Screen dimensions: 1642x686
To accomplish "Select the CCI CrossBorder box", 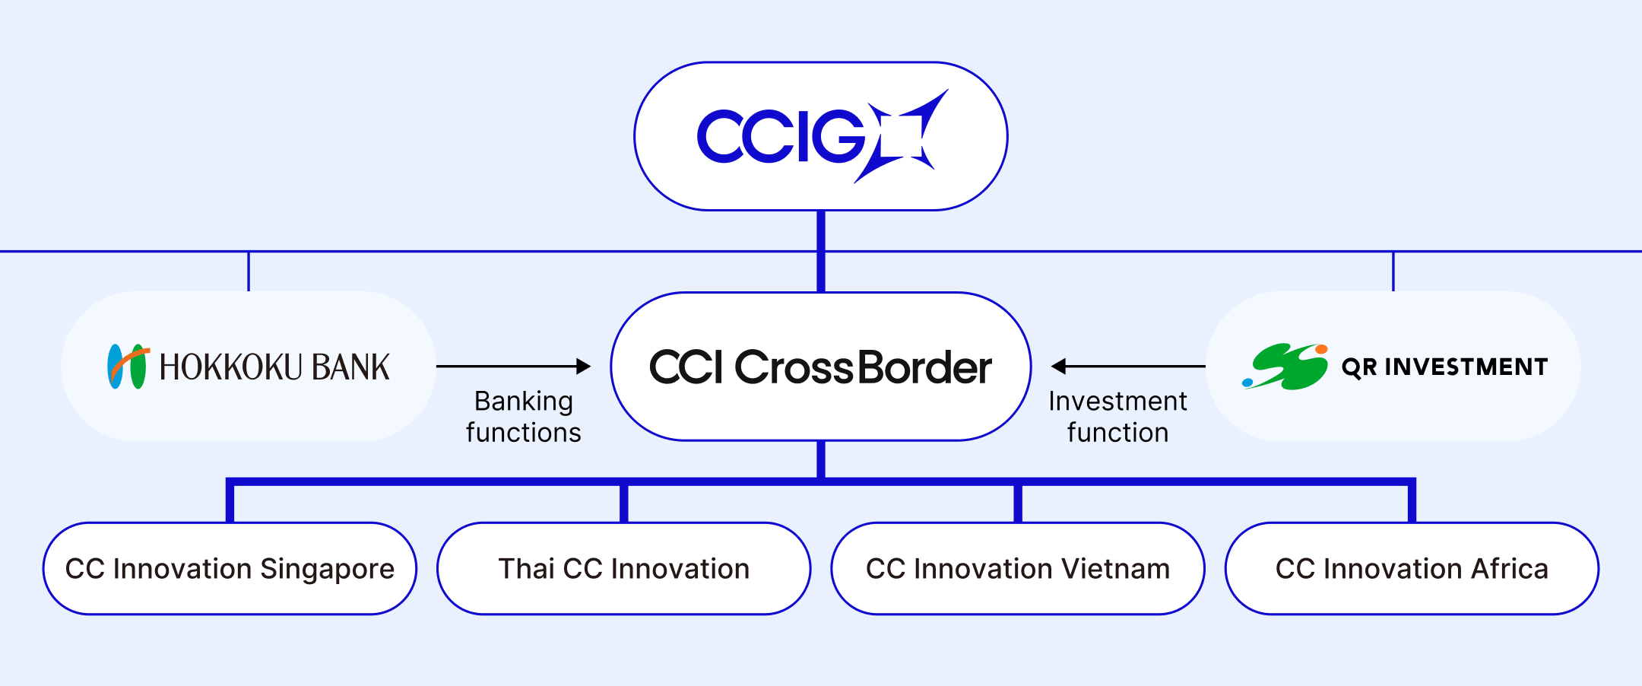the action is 821,367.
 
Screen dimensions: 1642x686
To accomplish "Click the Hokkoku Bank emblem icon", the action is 128,367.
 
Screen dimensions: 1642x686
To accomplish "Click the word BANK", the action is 351,367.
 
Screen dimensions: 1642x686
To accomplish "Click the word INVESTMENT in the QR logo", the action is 1466,367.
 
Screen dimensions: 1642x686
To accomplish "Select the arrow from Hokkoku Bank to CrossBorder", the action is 514,367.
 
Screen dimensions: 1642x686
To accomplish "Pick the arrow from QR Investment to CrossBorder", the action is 1128,367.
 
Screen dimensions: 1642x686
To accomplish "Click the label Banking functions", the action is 524,417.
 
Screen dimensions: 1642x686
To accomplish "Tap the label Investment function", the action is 1117,417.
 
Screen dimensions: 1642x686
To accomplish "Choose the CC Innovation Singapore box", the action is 230,569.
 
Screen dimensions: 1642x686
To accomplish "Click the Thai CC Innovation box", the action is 624,569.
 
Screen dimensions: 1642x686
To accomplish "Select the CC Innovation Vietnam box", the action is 1018,569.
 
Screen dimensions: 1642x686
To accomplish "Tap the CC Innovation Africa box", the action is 1412,569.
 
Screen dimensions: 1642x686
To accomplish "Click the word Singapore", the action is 328,570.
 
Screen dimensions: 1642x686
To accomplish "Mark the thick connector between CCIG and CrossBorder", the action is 821,252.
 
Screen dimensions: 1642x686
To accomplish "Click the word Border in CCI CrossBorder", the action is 924,367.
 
